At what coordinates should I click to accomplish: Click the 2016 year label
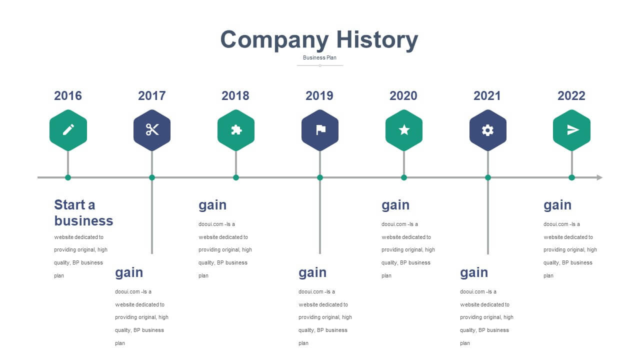coord(68,95)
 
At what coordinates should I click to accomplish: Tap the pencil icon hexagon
coord(68,130)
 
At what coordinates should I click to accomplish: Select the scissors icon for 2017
coord(152,129)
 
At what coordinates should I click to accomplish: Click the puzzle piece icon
coord(236,130)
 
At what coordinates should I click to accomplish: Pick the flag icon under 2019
coord(321,130)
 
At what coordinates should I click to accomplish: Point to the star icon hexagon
coord(404,130)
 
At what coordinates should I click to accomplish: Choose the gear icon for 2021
coord(487,130)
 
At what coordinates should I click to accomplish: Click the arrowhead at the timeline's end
coord(599,177)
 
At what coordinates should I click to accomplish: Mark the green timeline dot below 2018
coord(235,177)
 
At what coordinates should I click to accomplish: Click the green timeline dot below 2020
coord(403,177)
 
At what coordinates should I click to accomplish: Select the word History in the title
coord(377,40)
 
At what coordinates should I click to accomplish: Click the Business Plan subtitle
coord(319,57)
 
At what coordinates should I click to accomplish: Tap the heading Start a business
coord(83,213)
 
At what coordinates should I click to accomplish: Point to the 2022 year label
coord(571,95)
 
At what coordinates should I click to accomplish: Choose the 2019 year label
coord(319,95)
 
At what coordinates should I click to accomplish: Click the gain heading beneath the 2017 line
coord(129,273)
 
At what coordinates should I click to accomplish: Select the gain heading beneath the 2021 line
coord(474,273)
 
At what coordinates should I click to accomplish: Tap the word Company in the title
coord(274,40)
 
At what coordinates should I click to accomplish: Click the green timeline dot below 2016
coord(67,177)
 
